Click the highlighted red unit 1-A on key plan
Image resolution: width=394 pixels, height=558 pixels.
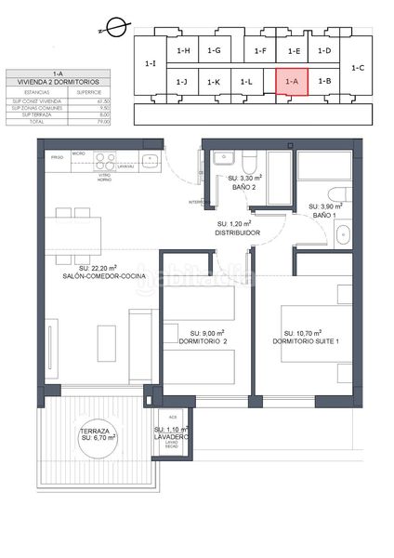(292, 82)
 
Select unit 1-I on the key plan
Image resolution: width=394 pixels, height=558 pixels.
(151, 64)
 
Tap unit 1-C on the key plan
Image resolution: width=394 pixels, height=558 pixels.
(360, 67)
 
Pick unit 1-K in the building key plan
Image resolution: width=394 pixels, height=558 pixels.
(214, 82)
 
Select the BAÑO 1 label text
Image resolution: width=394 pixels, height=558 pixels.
(323, 216)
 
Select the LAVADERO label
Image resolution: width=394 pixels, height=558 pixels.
(171, 436)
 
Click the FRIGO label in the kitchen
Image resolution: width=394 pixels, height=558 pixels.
(57, 158)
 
